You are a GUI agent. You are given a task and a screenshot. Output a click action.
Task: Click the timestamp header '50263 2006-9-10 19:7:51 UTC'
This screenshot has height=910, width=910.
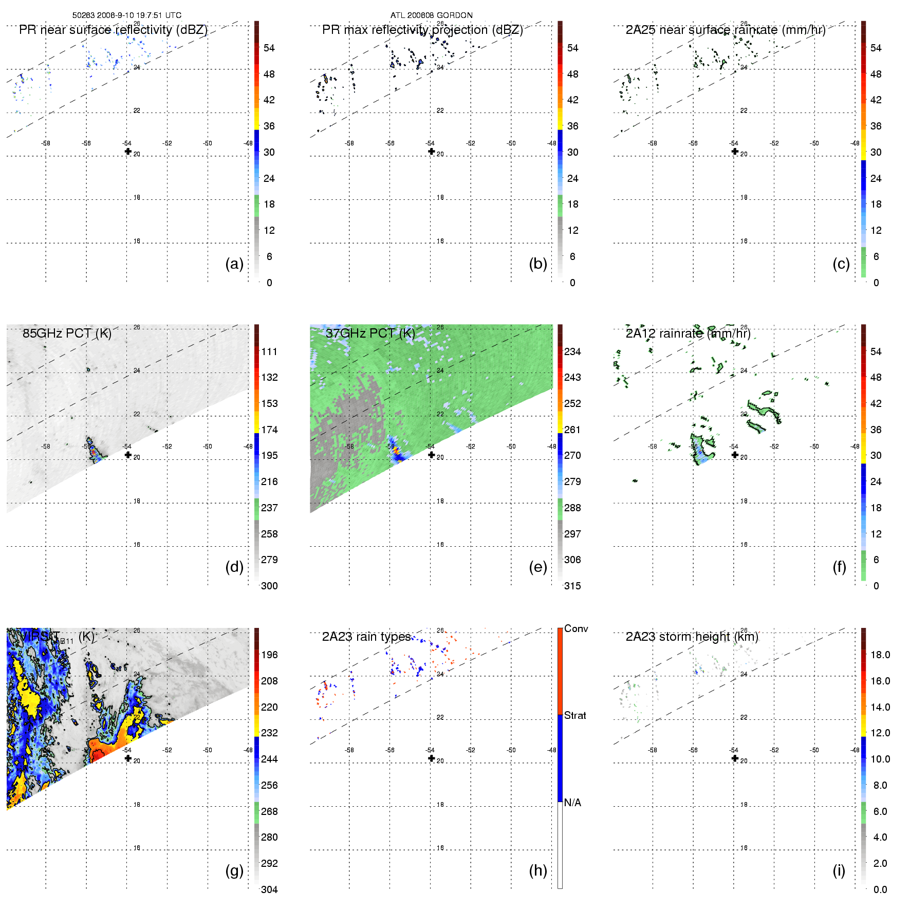pos(126,15)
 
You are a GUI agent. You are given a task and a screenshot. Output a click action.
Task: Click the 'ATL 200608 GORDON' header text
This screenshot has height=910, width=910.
pos(431,15)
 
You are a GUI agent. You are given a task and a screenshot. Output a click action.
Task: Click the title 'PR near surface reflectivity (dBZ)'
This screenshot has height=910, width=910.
pos(113,30)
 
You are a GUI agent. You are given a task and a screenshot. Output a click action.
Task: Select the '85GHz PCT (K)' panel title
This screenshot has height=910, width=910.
pos(67,333)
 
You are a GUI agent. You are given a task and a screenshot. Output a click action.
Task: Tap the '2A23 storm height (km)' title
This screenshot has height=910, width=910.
pos(692,637)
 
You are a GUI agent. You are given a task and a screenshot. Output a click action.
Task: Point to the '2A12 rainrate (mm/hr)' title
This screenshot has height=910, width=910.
pos(688,333)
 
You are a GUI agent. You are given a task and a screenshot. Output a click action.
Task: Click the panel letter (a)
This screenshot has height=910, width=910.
pos(234,264)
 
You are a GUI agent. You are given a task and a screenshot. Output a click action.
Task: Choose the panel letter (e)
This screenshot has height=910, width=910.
pos(538,567)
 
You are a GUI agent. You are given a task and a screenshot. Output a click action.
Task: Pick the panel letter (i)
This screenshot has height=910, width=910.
pos(839,870)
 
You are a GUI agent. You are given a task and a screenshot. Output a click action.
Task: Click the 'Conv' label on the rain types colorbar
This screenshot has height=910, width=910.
pos(576,628)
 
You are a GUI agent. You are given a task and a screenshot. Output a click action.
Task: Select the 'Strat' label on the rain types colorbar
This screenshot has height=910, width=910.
pos(575,715)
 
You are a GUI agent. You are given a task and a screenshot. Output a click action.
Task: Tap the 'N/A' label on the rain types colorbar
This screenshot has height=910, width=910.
pos(572,803)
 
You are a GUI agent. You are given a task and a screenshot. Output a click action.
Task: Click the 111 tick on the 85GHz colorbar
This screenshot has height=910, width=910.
pos(269,351)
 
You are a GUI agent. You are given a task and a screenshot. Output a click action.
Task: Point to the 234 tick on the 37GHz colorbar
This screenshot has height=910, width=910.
pos(572,351)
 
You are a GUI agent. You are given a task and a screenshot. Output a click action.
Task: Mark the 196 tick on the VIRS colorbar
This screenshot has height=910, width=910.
pos(269,655)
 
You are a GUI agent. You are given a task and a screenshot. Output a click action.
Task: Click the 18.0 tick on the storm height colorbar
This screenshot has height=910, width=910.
pos(880,655)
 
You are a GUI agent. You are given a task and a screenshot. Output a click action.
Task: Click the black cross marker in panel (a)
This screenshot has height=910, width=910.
pos(128,151)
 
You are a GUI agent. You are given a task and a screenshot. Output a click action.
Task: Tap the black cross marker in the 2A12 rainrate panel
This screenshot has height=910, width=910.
pos(735,454)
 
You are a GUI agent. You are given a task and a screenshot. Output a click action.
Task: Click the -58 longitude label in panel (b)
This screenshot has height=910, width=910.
pos(349,143)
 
